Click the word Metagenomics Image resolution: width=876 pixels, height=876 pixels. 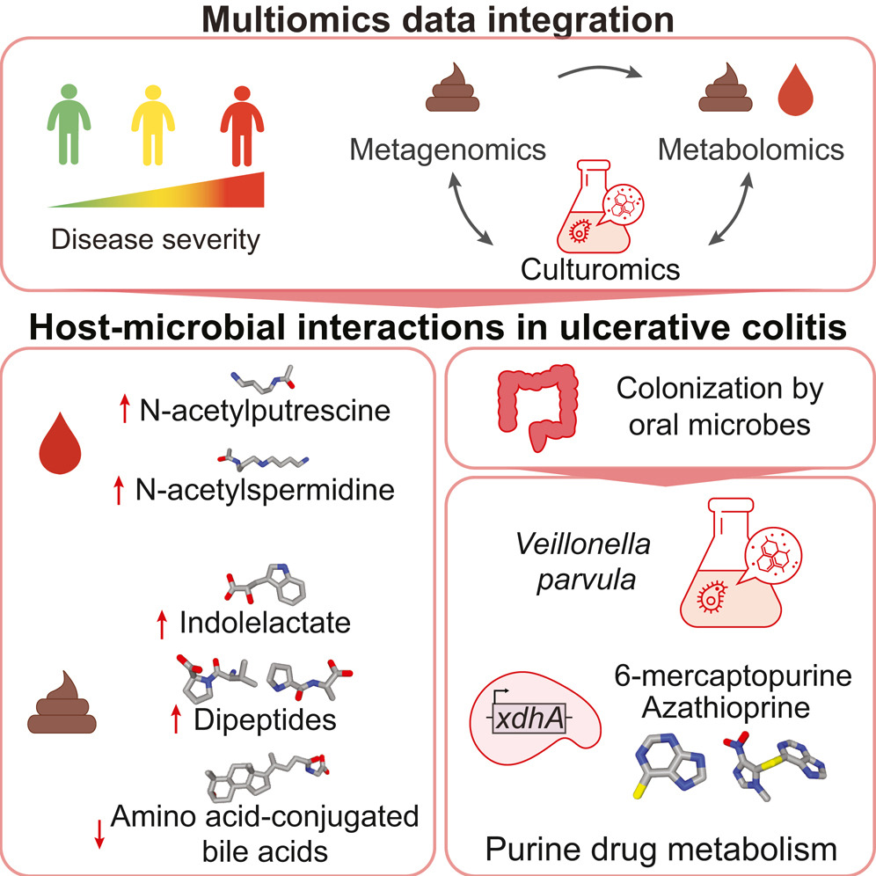pos(448,150)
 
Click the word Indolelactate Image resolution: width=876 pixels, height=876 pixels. pos(265,624)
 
